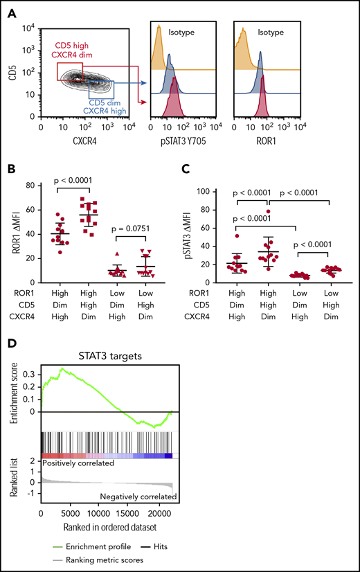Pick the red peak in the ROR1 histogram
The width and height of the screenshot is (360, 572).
pyautogui.click(x=262, y=111)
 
